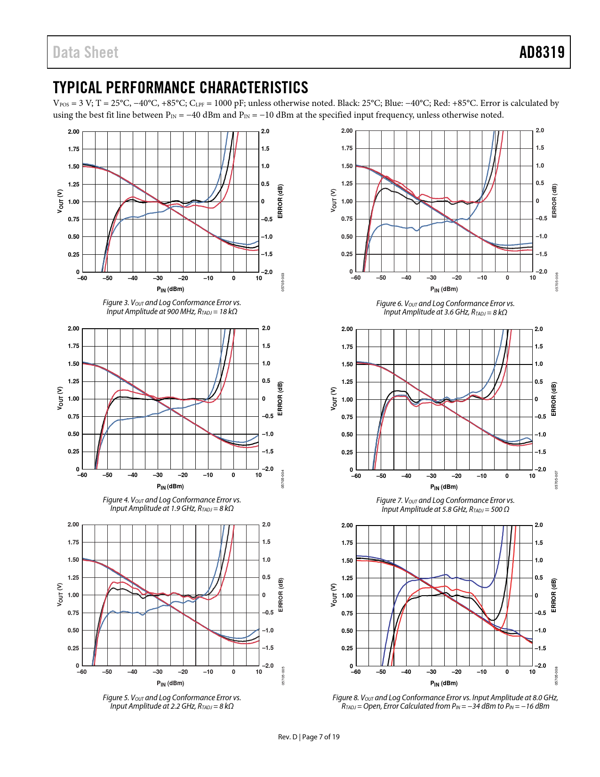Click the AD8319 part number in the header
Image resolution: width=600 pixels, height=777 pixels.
pyautogui.click(x=542, y=52)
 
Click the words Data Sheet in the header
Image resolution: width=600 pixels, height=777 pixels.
pyautogui.click(x=86, y=52)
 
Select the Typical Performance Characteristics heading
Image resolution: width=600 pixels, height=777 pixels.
pyautogui.click(x=181, y=88)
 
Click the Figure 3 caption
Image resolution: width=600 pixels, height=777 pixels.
pyautogui.click(x=172, y=307)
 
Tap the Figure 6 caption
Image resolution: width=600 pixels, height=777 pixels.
pyautogui.click(x=445, y=308)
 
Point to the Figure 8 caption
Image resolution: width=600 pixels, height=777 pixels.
pyautogui.click(x=445, y=702)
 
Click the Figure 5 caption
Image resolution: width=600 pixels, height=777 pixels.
pyautogui.click(x=172, y=702)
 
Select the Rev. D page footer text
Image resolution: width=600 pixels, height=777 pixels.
pyautogui.click(x=308, y=737)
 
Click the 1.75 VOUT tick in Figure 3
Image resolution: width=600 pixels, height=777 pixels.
pyautogui.click(x=73, y=149)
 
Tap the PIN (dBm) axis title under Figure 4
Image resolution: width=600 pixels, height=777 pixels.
pyautogui.click(x=170, y=486)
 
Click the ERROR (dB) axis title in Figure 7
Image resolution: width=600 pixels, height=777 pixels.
pyautogui.click(x=554, y=399)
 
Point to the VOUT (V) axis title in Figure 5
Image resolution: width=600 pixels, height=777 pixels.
pyautogui.click(x=60, y=595)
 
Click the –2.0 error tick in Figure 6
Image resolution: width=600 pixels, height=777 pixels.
pyautogui.click(x=542, y=272)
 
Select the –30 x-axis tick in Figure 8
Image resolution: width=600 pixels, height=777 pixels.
pyautogui.click(x=431, y=672)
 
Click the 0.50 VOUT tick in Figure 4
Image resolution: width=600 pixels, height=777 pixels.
pyautogui.click(x=73, y=434)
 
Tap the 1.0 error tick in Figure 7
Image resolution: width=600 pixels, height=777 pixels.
pyautogui.click(x=539, y=364)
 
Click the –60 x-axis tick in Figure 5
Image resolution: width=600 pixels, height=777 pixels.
pyautogui.click(x=82, y=672)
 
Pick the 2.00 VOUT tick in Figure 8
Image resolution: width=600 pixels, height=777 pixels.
pyautogui.click(x=347, y=526)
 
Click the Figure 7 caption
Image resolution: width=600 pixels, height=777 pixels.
pyautogui.click(x=445, y=505)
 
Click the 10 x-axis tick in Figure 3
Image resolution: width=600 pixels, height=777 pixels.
pyautogui.click(x=259, y=278)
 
